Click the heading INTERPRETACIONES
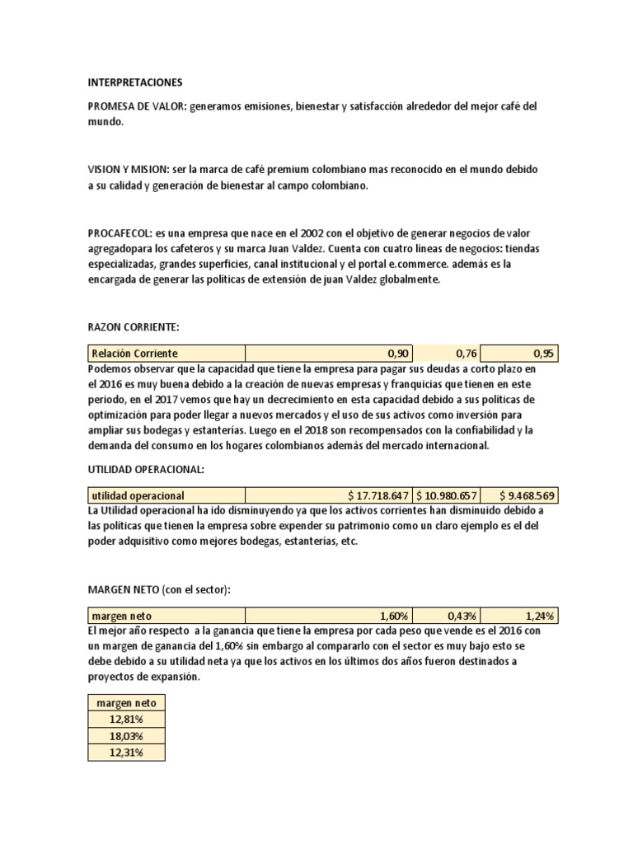[135, 83]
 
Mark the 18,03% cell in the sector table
[126, 736]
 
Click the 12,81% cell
[126, 719]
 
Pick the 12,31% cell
[126, 753]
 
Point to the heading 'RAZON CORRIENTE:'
[133, 327]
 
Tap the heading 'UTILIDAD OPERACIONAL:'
[145, 469]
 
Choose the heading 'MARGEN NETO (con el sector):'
[159, 589]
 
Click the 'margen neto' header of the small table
[126, 702]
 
